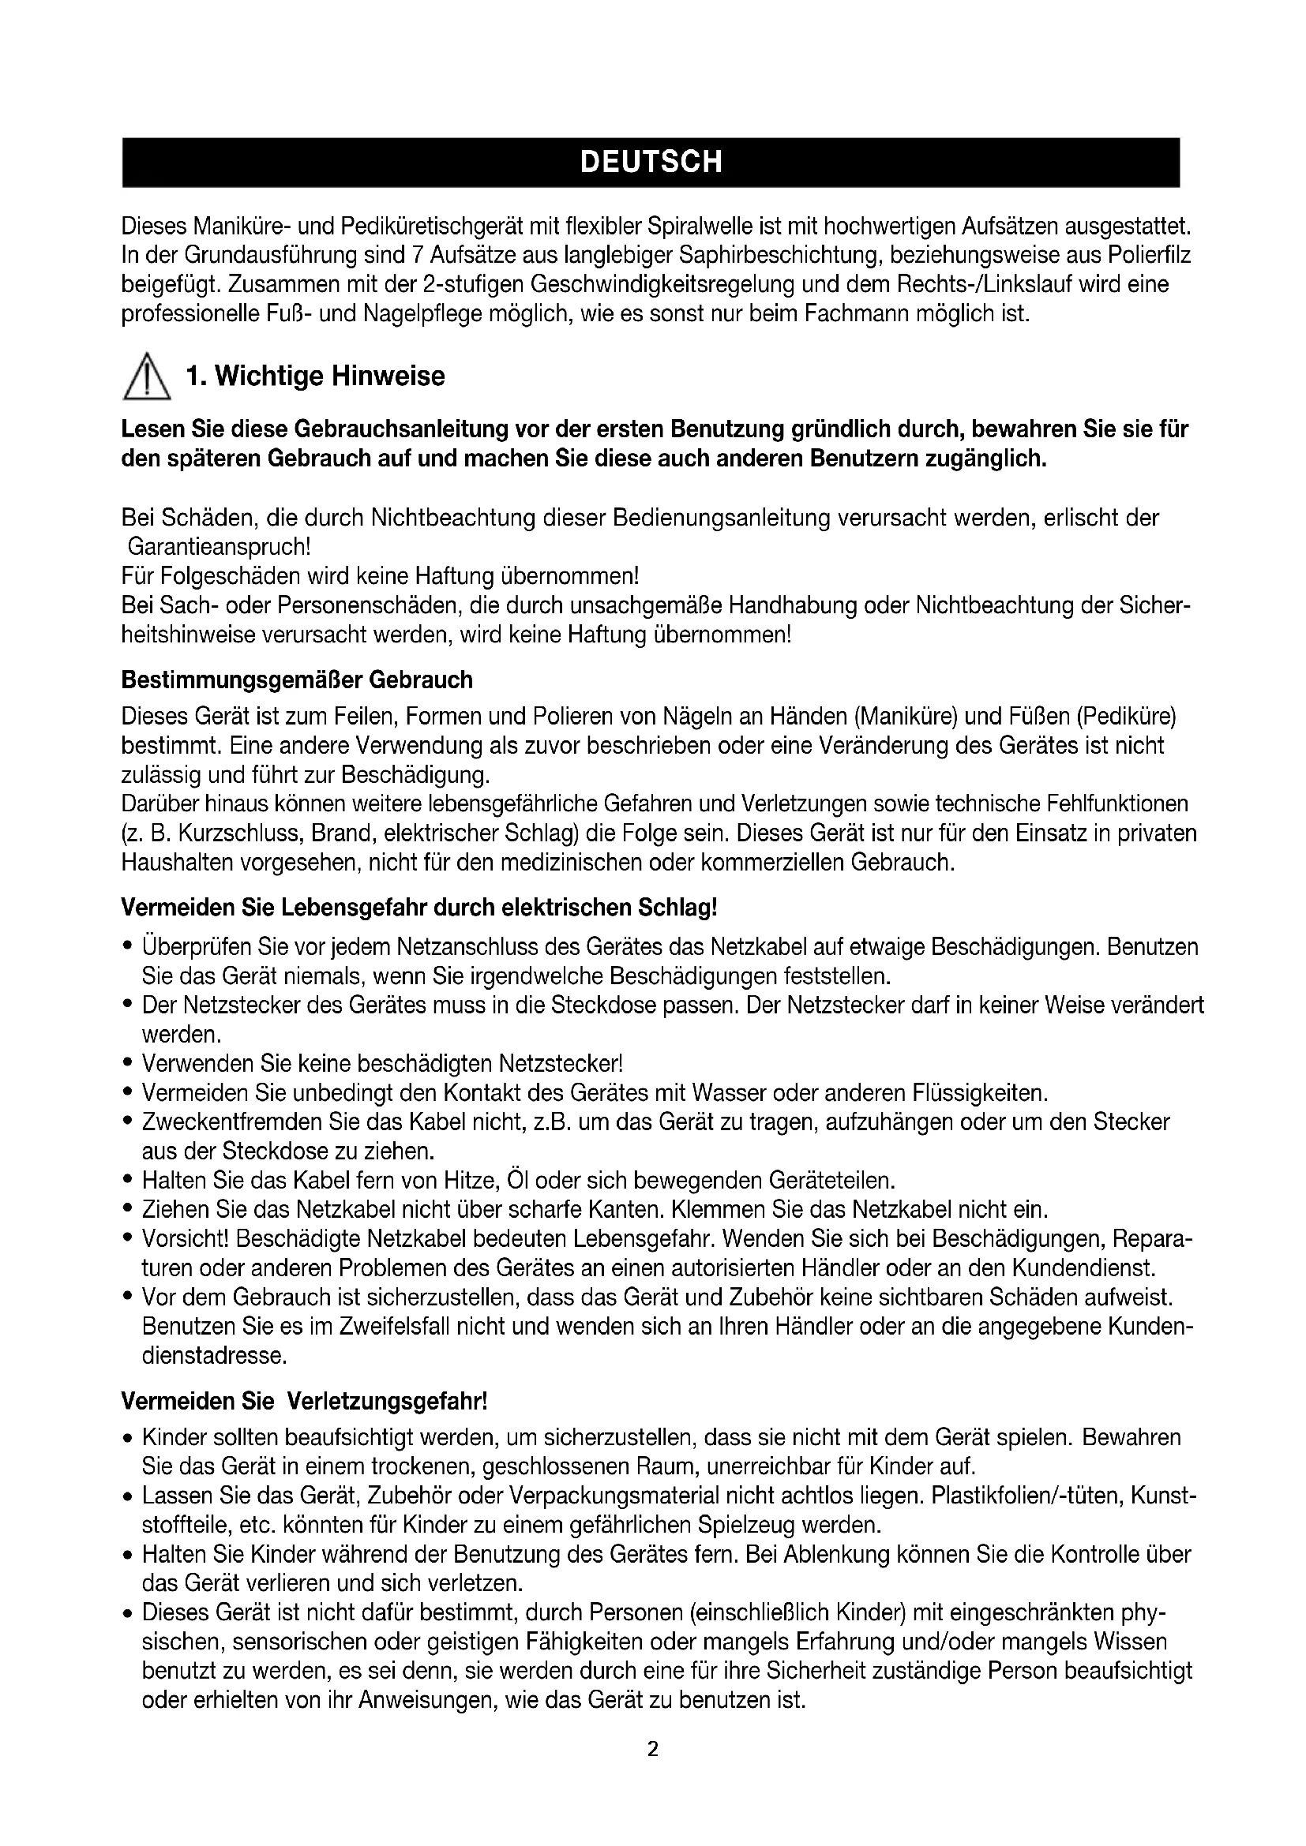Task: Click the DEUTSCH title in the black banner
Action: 651,163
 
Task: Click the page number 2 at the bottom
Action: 652,1749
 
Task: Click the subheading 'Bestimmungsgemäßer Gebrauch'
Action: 297,680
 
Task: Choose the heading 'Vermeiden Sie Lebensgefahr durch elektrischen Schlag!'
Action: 418,908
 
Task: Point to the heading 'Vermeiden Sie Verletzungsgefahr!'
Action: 304,1402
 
